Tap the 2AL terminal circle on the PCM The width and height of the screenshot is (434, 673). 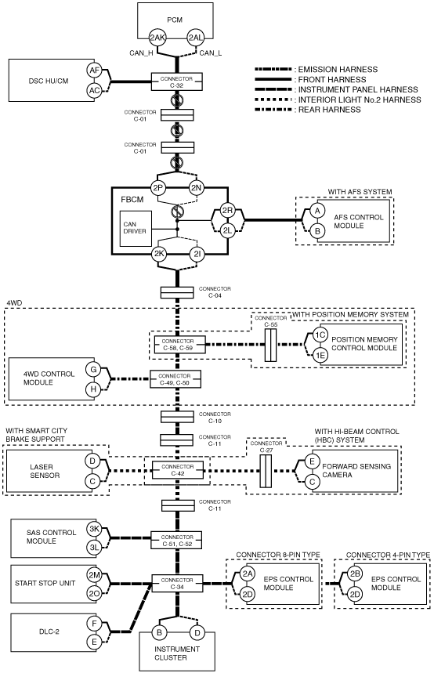(x=195, y=38)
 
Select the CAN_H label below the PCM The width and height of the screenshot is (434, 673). (x=141, y=53)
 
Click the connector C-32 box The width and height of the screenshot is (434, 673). (x=177, y=81)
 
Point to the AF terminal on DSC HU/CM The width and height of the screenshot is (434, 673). (x=94, y=71)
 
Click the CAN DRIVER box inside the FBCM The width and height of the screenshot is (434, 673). (x=136, y=228)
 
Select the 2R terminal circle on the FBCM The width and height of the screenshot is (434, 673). (x=227, y=210)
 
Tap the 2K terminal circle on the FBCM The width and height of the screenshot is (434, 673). (x=159, y=254)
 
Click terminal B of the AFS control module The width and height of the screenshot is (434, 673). (x=317, y=230)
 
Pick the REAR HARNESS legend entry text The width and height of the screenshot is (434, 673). (x=330, y=110)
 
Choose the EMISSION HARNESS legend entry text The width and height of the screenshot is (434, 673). (x=338, y=69)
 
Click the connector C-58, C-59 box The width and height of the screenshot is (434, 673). (x=180, y=345)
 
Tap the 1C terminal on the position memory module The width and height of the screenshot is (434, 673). (x=320, y=335)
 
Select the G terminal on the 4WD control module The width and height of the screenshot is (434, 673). (x=93, y=370)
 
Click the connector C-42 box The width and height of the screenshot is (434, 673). (x=177, y=470)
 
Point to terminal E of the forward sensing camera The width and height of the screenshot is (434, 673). (x=312, y=461)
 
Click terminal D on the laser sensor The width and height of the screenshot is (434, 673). (x=92, y=461)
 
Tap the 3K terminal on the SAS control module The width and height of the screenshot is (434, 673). (x=94, y=529)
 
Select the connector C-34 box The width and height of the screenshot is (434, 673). (x=177, y=584)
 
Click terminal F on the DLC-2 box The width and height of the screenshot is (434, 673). (x=94, y=622)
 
